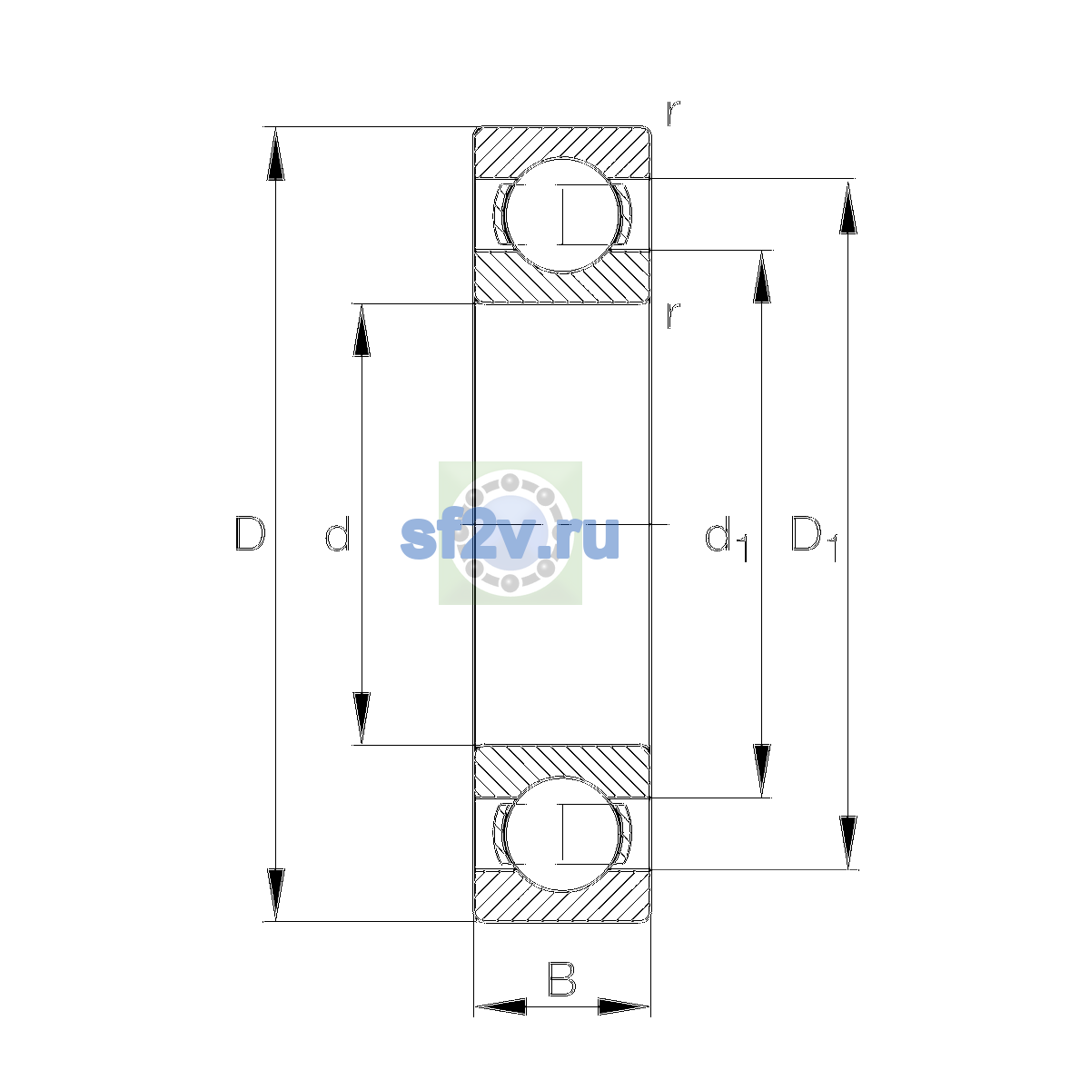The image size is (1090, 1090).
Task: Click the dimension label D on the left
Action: click(250, 533)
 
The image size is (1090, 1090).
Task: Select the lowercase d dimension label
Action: click(338, 533)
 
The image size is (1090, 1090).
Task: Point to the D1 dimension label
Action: click(815, 539)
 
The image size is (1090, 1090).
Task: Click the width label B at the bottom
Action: click(561, 978)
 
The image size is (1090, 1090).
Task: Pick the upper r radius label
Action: click(672, 113)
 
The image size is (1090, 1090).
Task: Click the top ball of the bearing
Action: click(562, 215)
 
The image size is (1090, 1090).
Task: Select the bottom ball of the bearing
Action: click(562, 835)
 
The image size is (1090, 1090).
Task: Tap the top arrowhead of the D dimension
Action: click(275, 154)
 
